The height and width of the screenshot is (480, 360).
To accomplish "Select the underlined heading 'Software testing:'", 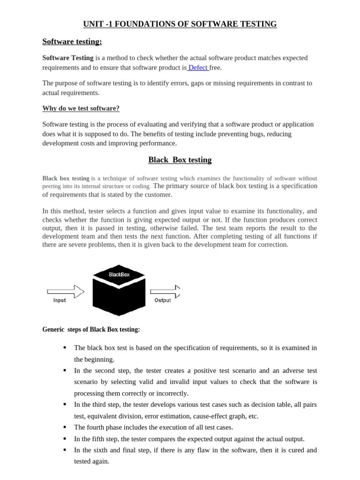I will [x=72, y=42].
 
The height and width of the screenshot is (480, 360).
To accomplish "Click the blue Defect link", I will [x=198, y=67].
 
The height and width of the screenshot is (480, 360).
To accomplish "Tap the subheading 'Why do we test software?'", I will [x=81, y=108].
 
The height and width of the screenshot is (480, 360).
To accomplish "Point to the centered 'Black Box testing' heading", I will [x=180, y=160].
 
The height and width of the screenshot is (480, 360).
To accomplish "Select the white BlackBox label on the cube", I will [x=119, y=275].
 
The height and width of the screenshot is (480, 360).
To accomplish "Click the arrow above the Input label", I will [x=65, y=292].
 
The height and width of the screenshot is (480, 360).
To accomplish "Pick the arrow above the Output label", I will [x=166, y=292].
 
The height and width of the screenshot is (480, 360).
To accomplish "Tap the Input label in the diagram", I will [x=60, y=300].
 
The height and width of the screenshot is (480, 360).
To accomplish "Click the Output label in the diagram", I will [x=163, y=300].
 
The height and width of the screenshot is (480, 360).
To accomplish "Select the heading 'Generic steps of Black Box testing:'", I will [x=91, y=330].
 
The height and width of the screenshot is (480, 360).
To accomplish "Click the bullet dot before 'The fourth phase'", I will [x=64, y=427].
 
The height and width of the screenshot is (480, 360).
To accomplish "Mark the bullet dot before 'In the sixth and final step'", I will [x=64, y=450].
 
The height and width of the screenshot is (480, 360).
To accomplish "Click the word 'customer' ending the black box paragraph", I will [x=158, y=195].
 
